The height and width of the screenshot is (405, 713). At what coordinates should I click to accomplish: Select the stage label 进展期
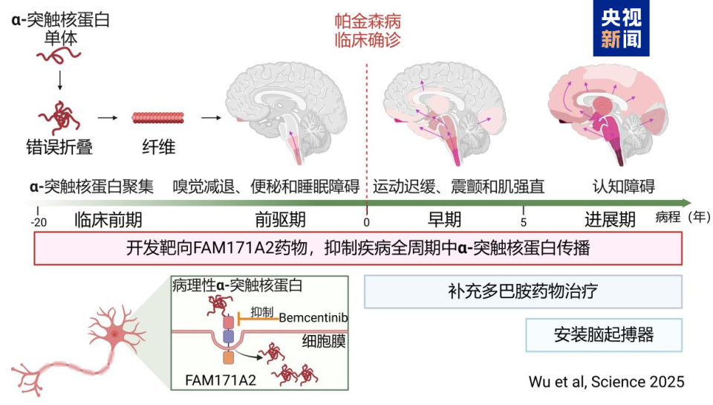coord(609,220)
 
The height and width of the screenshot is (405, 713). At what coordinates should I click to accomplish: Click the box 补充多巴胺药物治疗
coord(523,291)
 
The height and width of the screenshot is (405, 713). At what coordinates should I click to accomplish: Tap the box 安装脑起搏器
coord(603,334)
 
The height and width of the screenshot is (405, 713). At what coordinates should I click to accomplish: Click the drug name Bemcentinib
coord(316,317)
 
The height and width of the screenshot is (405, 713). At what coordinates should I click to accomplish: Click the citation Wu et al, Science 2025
coord(606,381)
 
